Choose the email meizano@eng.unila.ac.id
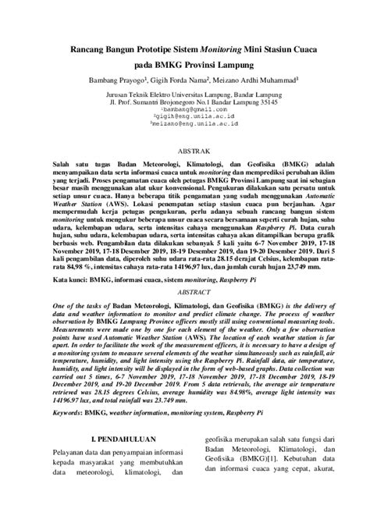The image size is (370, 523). point(184,123)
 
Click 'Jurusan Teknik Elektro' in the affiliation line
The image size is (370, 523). point(130,94)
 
